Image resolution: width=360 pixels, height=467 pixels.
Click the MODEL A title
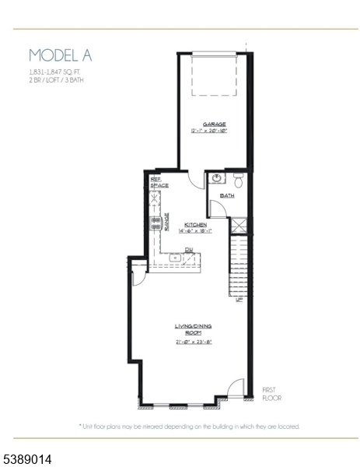click(60, 54)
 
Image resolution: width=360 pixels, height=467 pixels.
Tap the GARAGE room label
click(214, 124)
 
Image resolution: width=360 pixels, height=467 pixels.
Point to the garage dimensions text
click(214, 131)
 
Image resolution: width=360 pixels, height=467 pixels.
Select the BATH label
click(227, 195)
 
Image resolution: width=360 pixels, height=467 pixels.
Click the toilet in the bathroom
click(238, 181)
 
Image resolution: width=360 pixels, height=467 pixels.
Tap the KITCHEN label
click(195, 224)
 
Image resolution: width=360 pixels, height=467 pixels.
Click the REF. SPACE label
click(159, 182)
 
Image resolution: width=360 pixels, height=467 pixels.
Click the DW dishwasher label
click(188, 250)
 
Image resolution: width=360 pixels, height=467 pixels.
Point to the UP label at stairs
click(239, 298)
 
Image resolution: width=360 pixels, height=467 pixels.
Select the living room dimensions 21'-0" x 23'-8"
click(193, 341)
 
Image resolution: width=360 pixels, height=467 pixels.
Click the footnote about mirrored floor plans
click(189, 427)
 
